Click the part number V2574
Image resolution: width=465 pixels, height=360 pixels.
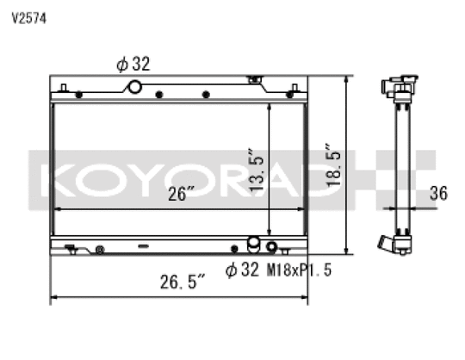pyautogui.click(x=29, y=19)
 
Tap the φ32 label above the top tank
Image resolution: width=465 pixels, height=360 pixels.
pyautogui.click(x=133, y=64)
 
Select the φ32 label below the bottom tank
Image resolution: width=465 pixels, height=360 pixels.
pyautogui.click(x=242, y=270)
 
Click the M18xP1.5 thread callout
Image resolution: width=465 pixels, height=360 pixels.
pyautogui.click(x=299, y=270)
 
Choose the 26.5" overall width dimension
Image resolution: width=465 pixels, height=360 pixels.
pyautogui.click(x=183, y=282)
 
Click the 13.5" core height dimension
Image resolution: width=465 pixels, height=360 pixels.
pyautogui.click(x=257, y=170)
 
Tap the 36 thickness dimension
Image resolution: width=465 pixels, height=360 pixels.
pyautogui.click(x=438, y=193)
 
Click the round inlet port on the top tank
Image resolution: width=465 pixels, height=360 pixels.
pyautogui.click(x=135, y=87)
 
